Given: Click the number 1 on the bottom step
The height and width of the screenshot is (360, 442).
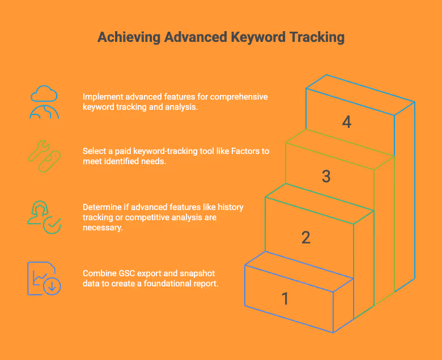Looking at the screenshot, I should pos(286,298).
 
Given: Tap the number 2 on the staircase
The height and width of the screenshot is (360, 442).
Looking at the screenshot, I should pos(306,238).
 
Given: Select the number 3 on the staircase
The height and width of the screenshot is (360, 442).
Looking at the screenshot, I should pos(326,177).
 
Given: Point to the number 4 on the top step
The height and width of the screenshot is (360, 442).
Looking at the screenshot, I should pos(347,122).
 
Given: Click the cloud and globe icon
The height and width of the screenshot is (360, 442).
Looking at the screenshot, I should pos(44,102).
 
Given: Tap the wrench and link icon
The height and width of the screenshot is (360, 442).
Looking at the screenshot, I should pos(44,156).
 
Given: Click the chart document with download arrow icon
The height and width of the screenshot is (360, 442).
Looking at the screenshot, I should pos(44,278).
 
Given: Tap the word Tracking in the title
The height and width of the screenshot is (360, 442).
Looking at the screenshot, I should pos(316,37).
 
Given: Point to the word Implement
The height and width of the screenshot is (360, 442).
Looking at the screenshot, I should pos(101,97).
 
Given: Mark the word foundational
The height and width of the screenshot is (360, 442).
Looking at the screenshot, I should pos(164,283).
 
